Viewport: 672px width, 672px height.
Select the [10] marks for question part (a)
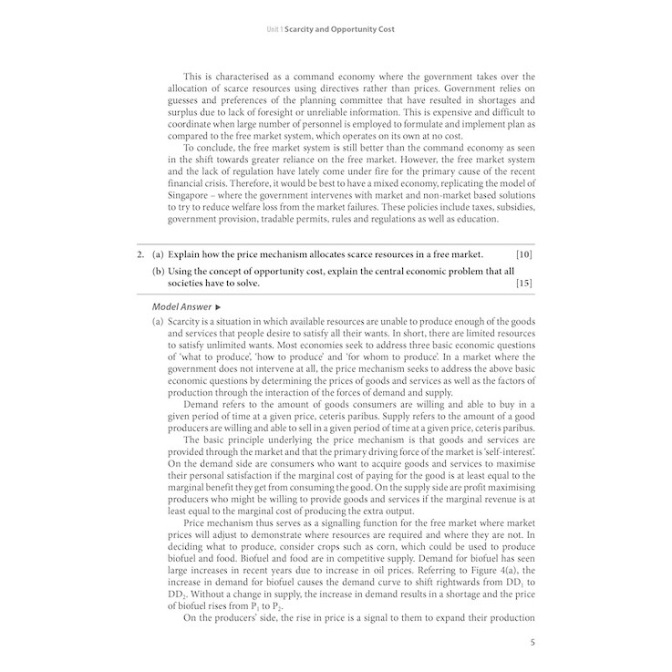coord(523,253)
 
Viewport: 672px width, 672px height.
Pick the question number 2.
coord(140,253)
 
